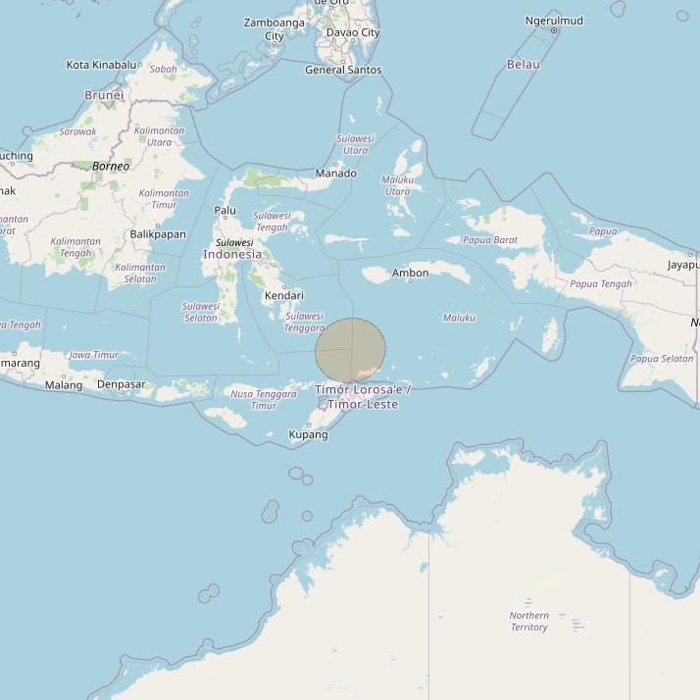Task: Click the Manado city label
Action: click(335, 174)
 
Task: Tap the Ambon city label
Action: click(410, 274)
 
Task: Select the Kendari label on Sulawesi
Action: click(283, 295)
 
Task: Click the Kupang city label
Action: click(308, 434)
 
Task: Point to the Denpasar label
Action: click(122, 384)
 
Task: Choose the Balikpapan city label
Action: click(158, 234)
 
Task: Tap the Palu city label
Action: click(225, 210)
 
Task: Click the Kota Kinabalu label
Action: click(102, 65)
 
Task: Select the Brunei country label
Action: click(104, 95)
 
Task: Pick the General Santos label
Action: click(343, 70)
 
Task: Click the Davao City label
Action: click(353, 32)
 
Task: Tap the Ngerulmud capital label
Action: click(554, 21)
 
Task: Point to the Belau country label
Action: click(523, 65)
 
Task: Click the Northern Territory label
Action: click(528, 622)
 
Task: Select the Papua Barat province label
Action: click(490, 240)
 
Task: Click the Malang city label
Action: click(64, 385)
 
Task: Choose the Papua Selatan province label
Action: click(662, 359)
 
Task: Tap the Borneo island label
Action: click(111, 167)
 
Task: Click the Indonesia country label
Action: click(232, 254)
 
